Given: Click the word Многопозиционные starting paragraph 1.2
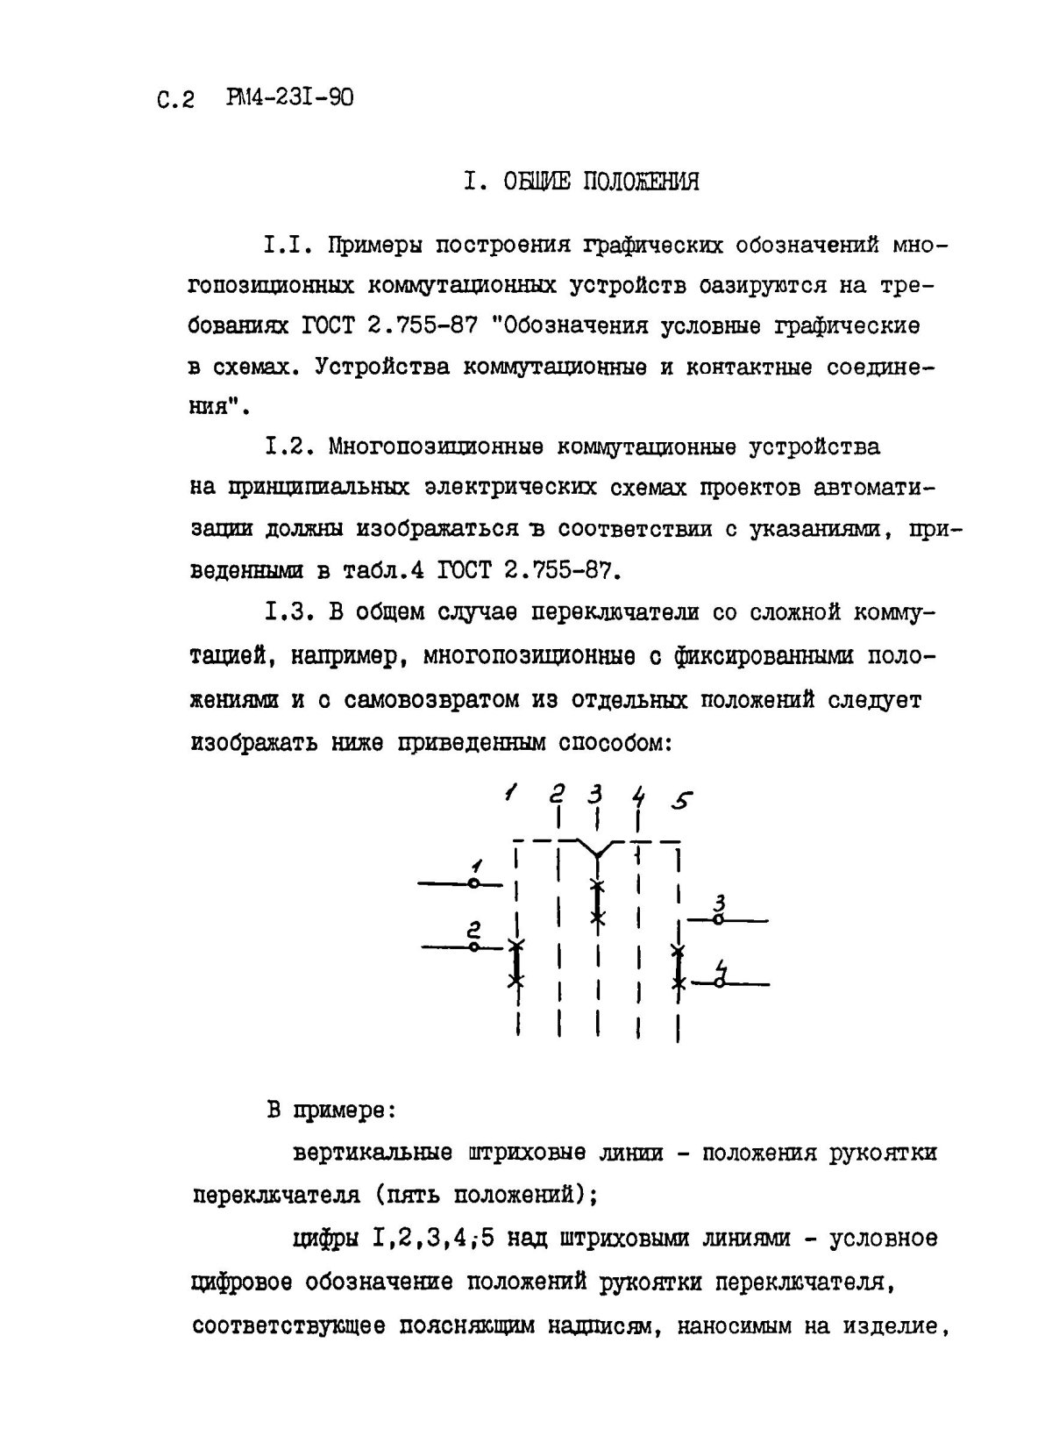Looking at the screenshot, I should (436, 447).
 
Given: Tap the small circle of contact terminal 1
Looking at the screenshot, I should (473, 884).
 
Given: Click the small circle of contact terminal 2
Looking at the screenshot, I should (473, 947).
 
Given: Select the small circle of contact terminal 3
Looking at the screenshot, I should (718, 919).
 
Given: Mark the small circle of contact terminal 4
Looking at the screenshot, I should (718, 983).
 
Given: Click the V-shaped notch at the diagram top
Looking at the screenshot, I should (597, 848).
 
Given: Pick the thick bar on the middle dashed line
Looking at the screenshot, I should (597, 901).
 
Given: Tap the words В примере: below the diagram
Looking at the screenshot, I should (332, 1111).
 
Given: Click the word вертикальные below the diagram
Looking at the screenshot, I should (372, 1153).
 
